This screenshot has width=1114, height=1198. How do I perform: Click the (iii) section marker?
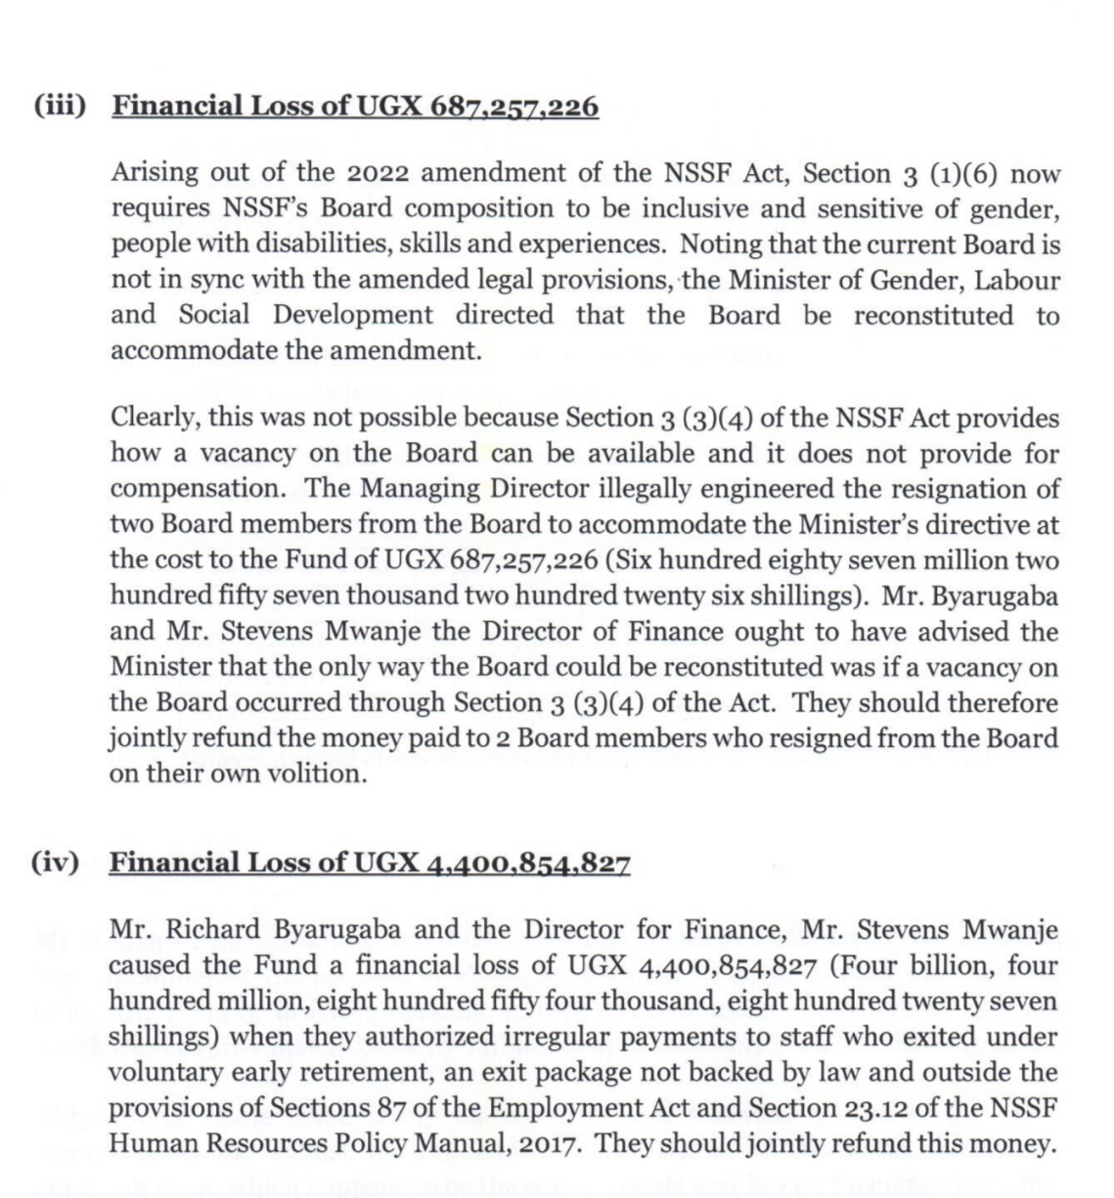[x=60, y=106]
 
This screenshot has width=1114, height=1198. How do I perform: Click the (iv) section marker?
[x=55, y=863]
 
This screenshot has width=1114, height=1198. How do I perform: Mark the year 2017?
[x=546, y=1142]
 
